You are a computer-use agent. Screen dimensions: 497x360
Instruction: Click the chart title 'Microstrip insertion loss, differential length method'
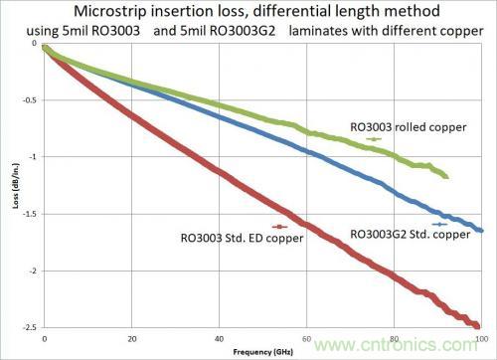point(256,11)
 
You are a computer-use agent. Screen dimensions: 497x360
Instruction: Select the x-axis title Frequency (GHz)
point(263,352)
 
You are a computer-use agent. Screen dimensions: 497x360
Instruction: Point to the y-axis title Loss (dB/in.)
point(16,185)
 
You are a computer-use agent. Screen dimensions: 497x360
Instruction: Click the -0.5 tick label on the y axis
point(31,100)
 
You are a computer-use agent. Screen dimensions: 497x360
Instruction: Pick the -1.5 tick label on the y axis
point(31,214)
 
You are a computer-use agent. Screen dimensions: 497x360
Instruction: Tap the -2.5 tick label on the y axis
point(31,327)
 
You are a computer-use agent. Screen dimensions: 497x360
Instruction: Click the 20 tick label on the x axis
point(132,339)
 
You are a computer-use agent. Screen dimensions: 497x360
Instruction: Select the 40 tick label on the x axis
point(220,339)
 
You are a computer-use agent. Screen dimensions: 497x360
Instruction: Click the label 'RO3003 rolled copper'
point(409,127)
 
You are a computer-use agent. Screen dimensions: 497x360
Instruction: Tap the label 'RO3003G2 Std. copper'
point(411,235)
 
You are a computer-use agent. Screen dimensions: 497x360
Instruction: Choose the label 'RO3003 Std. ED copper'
point(242,238)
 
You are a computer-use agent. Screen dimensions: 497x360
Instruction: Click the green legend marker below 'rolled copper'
point(374,139)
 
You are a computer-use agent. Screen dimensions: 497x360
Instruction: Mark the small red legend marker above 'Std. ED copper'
point(279,227)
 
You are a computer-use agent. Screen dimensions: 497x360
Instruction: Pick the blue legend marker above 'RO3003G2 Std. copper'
point(439,224)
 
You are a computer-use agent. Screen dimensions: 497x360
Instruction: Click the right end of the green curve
point(446,177)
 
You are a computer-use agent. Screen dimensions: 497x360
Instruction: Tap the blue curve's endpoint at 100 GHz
point(481,231)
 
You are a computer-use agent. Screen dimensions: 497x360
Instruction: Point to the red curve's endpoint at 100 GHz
point(477,326)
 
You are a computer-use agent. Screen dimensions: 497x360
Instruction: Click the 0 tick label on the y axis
point(35,43)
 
